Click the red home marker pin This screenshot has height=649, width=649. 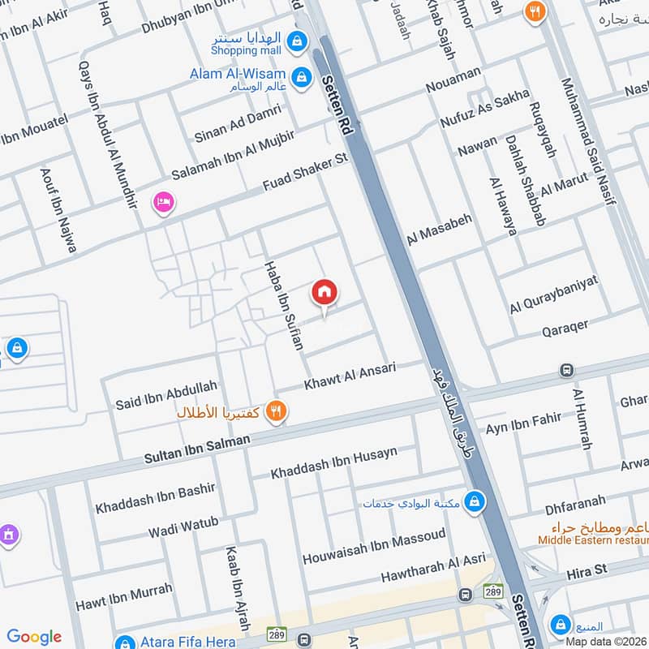(x=324, y=293)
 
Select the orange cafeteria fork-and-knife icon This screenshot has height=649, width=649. (x=277, y=412)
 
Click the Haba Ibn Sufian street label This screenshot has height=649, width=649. (x=284, y=306)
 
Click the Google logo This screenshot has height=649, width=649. (x=34, y=637)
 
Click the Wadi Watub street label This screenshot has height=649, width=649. (x=183, y=527)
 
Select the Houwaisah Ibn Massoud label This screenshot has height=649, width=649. (x=374, y=547)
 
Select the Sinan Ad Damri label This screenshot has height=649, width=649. (x=238, y=123)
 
